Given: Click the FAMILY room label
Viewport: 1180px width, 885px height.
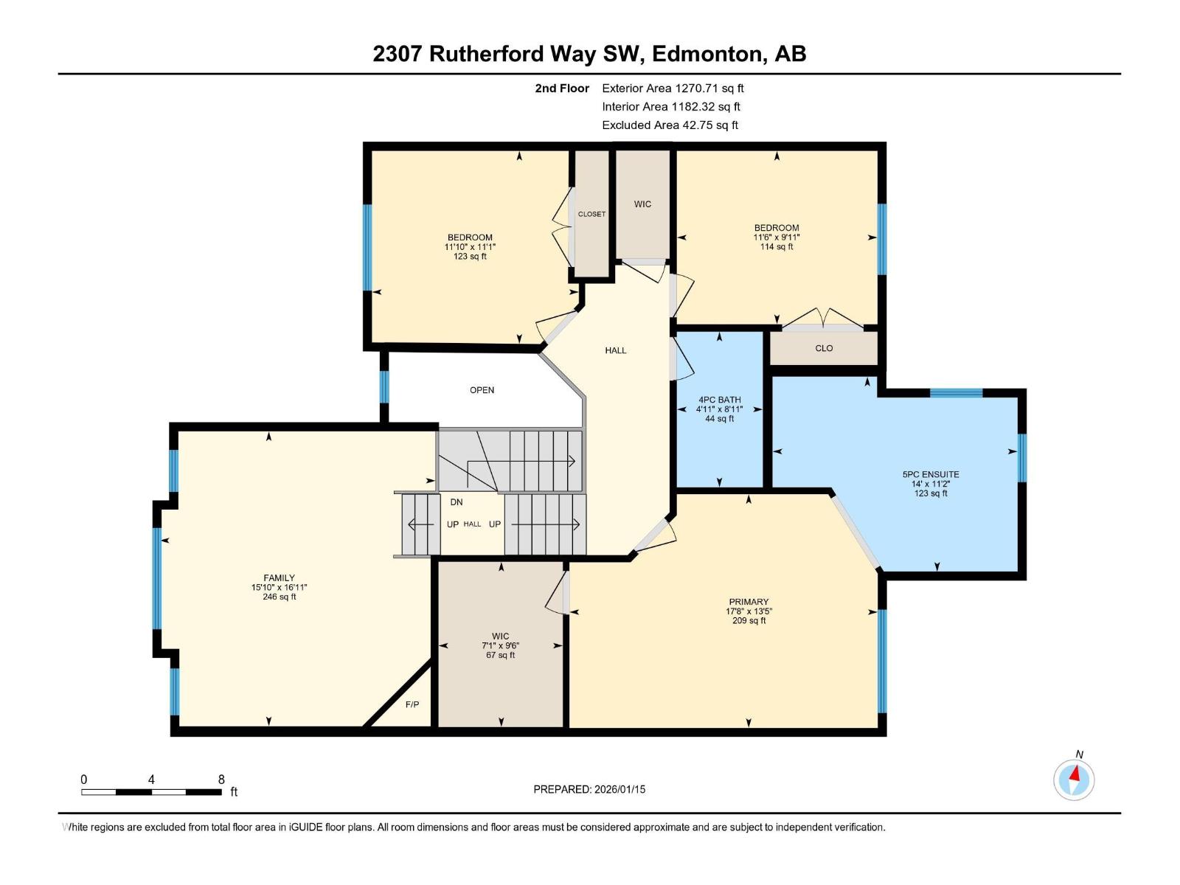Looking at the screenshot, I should coord(279,578).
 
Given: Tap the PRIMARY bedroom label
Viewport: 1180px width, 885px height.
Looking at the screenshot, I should coord(749,602).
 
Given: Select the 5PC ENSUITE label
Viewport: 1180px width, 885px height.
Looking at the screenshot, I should coord(931,474).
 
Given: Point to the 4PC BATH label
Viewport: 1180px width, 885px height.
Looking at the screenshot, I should coord(720,400).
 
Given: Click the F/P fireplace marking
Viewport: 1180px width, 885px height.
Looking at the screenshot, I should coord(412,704).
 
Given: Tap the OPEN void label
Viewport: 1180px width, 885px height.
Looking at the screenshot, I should coord(482,390).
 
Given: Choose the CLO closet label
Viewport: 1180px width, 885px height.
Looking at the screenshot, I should coord(824,348).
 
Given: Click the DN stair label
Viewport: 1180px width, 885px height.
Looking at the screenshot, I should coord(457,502).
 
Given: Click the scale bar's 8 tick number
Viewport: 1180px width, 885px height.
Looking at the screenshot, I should coord(221,780).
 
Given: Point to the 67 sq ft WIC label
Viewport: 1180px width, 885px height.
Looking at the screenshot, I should coord(501,645).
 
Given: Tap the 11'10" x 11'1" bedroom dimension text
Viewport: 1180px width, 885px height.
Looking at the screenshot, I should coord(470,247).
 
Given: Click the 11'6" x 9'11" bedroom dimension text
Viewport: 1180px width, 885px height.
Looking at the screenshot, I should coord(777,237).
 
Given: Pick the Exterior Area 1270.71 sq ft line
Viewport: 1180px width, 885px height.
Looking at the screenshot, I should coord(673,88).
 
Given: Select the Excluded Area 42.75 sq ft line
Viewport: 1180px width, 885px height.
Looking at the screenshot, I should coord(670,125).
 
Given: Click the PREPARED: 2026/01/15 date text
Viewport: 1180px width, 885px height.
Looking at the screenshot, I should coord(589,789).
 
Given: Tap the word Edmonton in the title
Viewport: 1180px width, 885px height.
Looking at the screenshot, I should coord(707,54).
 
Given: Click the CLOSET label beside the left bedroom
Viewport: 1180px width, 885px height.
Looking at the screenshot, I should coord(591,214).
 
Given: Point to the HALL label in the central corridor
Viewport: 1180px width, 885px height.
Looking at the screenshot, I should coord(616,350).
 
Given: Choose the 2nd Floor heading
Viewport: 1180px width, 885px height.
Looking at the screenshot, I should coord(562,88).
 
